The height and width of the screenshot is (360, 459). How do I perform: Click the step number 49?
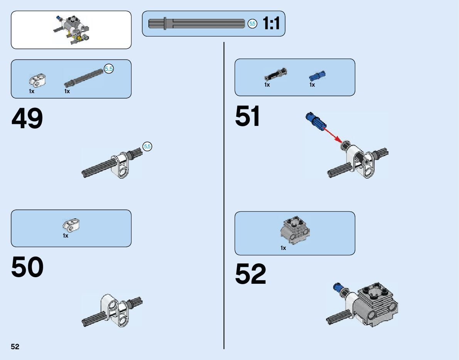click(27, 119)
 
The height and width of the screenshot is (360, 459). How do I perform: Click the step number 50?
click(27, 267)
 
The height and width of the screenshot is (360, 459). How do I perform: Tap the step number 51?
click(248, 116)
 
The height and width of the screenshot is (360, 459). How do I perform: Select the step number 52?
click(251, 274)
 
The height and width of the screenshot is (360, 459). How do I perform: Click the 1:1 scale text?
click(271, 24)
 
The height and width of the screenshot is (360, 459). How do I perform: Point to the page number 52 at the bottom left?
click(15, 347)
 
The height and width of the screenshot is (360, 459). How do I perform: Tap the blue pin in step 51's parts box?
click(317, 75)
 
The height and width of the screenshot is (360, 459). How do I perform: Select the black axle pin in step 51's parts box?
click(276, 73)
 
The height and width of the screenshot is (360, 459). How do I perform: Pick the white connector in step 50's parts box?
click(71, 225)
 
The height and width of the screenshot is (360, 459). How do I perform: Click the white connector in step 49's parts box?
click(37, 80)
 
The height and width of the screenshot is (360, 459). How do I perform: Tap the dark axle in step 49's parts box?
click(84, 77)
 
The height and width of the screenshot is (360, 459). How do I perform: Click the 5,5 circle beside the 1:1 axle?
click(252, 24)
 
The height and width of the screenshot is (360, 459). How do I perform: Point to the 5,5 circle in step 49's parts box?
click(109, 69)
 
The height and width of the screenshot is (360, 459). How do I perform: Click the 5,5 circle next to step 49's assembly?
click(147, 146)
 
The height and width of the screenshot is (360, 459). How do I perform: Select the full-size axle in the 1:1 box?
click(197, 24)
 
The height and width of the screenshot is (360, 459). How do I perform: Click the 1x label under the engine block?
click(283, 248)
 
